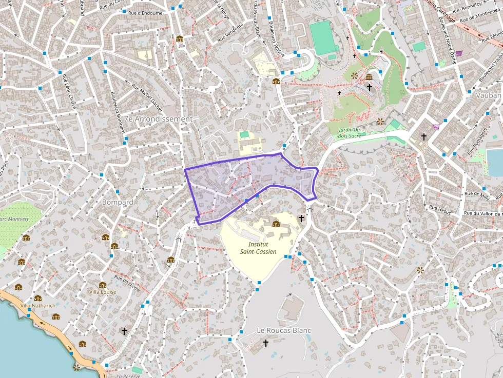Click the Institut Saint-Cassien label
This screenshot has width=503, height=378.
(258, 248)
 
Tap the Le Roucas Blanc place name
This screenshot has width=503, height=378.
(284, 330)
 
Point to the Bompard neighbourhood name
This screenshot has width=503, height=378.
(118, 202)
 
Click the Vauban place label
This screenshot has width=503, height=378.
(488, 95)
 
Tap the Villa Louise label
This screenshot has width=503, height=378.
(103, 292)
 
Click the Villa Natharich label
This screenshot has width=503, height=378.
(37, 305)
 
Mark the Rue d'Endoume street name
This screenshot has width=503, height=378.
(145, 13)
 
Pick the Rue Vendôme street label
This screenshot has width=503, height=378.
(230, 33)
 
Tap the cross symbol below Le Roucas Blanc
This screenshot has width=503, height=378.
(265, 343)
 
